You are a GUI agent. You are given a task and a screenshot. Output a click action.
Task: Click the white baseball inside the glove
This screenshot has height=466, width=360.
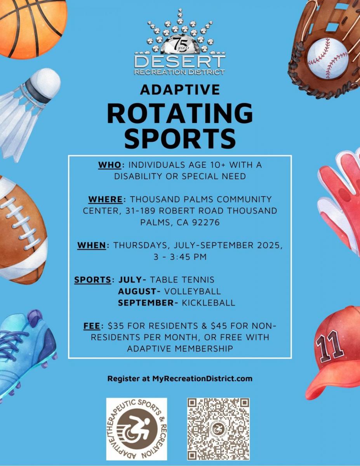click(x=327, y=59)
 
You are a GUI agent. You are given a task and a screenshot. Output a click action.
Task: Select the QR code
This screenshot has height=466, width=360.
click(x=218, y=429)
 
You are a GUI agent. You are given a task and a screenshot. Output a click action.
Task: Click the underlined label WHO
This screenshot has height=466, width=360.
click(x=110, y=165)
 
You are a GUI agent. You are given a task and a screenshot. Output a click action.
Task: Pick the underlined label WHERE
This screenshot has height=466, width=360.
click(x=105, y=199)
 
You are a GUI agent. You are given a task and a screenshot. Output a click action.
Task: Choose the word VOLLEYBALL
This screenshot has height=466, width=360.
click(x=192, y=291)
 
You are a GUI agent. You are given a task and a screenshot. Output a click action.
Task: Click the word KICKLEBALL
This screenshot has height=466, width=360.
click(x=209, y=303)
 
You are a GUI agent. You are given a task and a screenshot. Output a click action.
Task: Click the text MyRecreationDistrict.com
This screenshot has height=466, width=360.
click(x=202, y=379)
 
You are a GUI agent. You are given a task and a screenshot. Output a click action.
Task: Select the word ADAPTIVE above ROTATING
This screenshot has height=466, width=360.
click(x=180, y=89)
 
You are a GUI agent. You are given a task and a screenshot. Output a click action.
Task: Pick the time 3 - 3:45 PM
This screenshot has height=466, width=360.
click(x=180, y=257)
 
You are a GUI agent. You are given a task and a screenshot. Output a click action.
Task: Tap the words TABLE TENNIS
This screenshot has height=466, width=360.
click(x=182, y=280)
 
